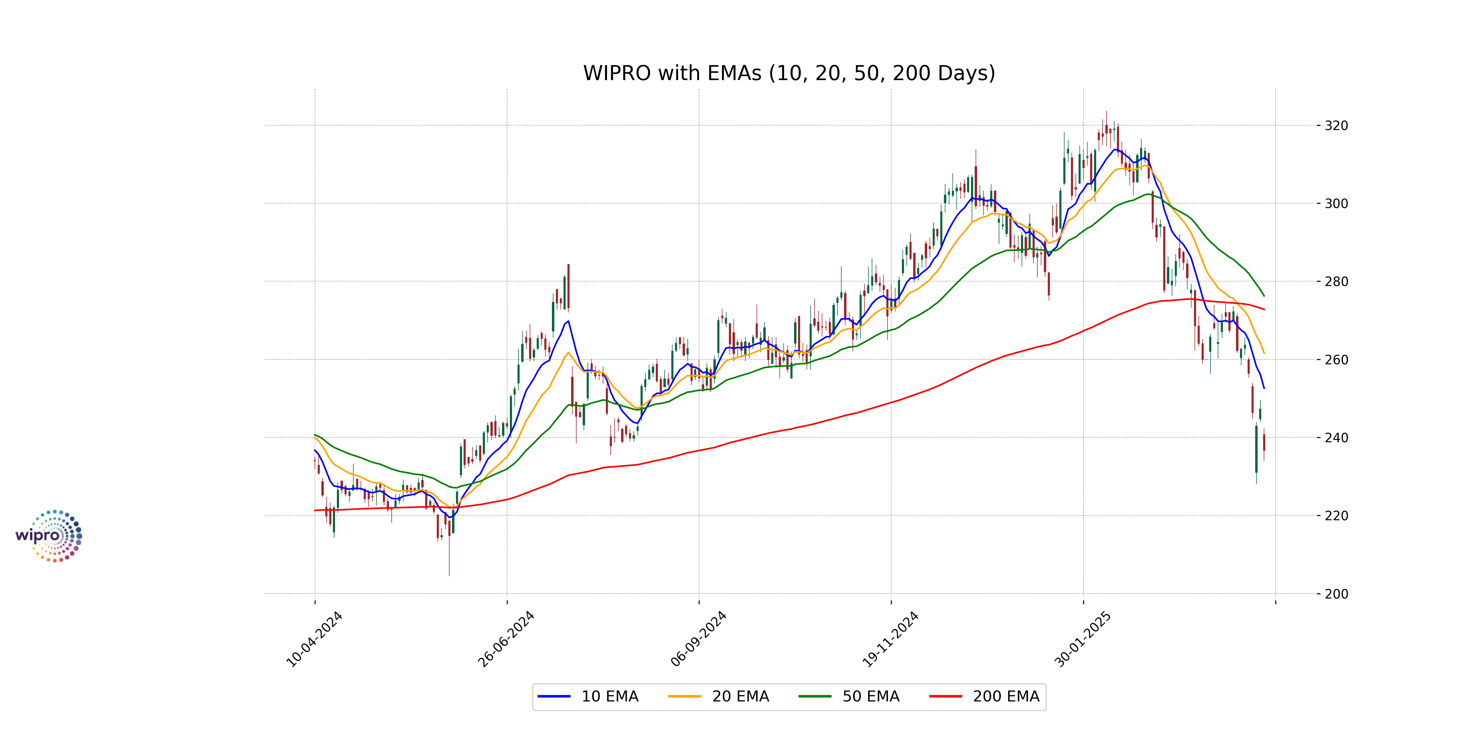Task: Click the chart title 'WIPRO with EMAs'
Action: (789, 73)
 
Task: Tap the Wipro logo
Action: (49, 536)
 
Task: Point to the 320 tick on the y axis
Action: (1336, 125)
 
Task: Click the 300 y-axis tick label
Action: (1336, 203)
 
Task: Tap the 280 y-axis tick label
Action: (1336, 281)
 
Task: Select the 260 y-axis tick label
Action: (1336, 359)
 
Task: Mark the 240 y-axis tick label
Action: (1336, 438)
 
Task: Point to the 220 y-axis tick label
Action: (1336, 515)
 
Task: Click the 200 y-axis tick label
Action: (1336, 594)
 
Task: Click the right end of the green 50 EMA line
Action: (1264, 296)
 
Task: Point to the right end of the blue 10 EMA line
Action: (1264, 388)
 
